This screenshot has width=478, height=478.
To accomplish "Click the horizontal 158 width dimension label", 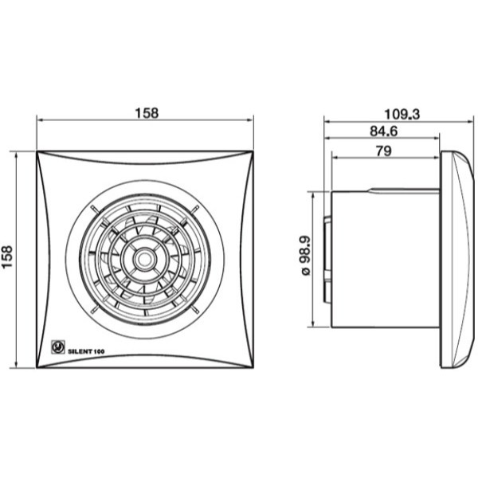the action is point(147,113).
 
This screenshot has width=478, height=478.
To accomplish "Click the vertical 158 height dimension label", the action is point(7,257).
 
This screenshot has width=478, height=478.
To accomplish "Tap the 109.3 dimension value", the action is point(402,114).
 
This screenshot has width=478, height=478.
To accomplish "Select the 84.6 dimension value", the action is point(384,131).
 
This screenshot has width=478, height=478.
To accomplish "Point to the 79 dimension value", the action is point(384,151).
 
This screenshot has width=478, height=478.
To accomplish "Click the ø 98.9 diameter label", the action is point(306,256).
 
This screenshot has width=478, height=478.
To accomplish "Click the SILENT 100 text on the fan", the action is point(86,351).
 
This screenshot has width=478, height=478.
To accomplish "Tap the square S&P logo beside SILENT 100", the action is point(57,347).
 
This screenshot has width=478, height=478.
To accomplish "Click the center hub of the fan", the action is point(143,259).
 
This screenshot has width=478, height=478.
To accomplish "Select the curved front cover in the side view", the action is point(457,260).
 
